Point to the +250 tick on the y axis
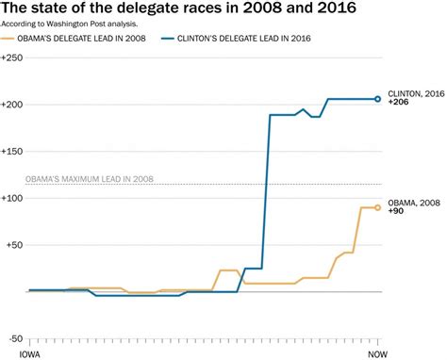[14, 58]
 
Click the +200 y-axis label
[14, 105]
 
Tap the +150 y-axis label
[14, 152]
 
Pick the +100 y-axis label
[14, 199]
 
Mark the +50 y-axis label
[16, 245]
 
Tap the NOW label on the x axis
[377, 353]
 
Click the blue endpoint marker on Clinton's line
[378, 99]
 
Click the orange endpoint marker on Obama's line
[378, 207]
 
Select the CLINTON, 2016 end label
[414, 94]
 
